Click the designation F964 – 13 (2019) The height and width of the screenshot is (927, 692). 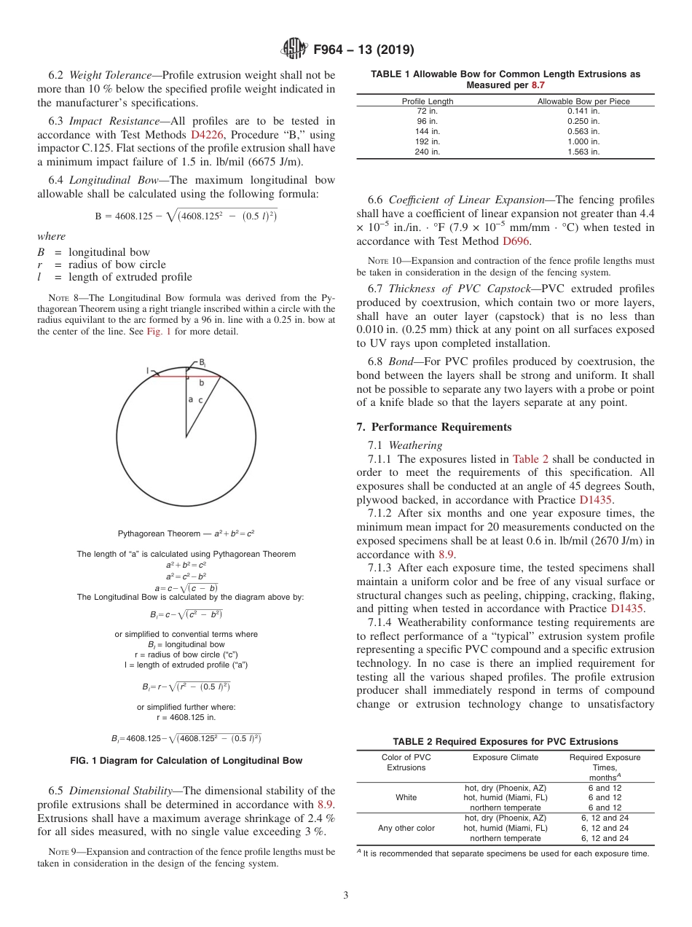point(363,50)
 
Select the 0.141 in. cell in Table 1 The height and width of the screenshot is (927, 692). point(583,112)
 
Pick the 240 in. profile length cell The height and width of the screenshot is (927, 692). point(428,152)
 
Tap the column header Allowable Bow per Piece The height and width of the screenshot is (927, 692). point(583,101)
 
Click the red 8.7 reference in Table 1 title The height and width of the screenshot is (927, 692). point(537,85)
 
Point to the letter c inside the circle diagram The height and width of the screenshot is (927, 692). point(200,400)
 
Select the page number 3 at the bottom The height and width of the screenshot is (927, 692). point(345,895)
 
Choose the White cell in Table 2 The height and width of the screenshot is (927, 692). point(406,797)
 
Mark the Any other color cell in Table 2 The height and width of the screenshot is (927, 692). point(406,828)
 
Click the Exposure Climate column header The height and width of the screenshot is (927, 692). point(505,757)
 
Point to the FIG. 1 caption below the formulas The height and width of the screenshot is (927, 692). point(186,761)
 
